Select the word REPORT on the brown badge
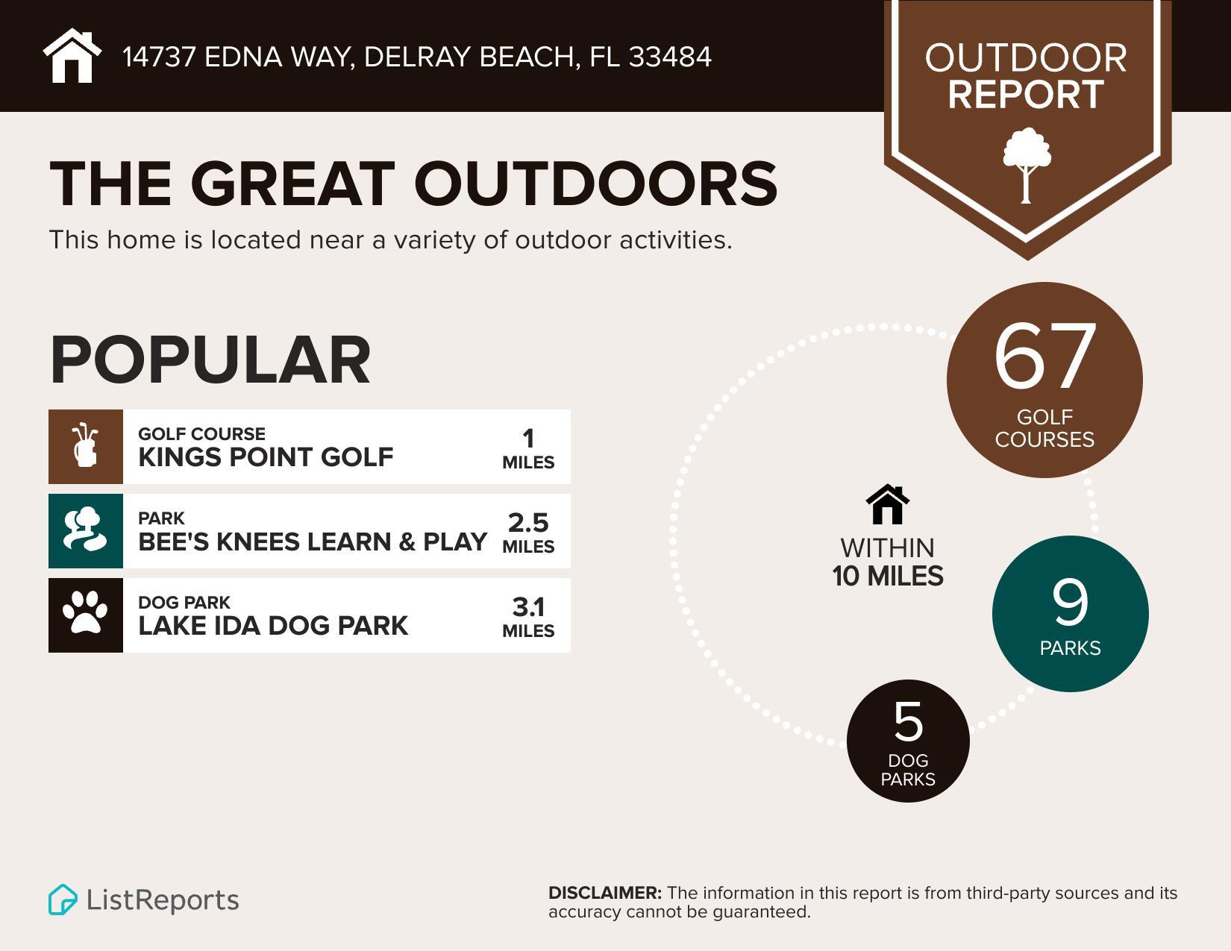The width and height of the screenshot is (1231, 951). click(x=1026, y=95)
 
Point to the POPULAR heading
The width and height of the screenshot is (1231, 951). click(x=210, y=360)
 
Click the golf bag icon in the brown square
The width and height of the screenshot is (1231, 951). click(x=86, y=446)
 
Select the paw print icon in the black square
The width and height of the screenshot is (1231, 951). click(x=85, y=614)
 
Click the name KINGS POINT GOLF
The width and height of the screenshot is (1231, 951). click(x=266, y=456)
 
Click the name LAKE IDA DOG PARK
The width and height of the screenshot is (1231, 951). click(x=273, y=626)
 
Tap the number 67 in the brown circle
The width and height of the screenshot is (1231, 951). click(x=1044, y=357)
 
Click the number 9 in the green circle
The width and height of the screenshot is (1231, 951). click(x=1071, y=603)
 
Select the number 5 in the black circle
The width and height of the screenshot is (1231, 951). click(x=908, y=722)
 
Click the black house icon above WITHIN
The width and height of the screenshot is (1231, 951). click(x=888, y=505)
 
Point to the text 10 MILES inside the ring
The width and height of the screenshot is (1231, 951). click(x=888, y=577)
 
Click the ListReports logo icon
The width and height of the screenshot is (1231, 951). click(x=63, y=900)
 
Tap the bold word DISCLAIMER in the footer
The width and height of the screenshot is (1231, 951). click(x=604, y=893)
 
